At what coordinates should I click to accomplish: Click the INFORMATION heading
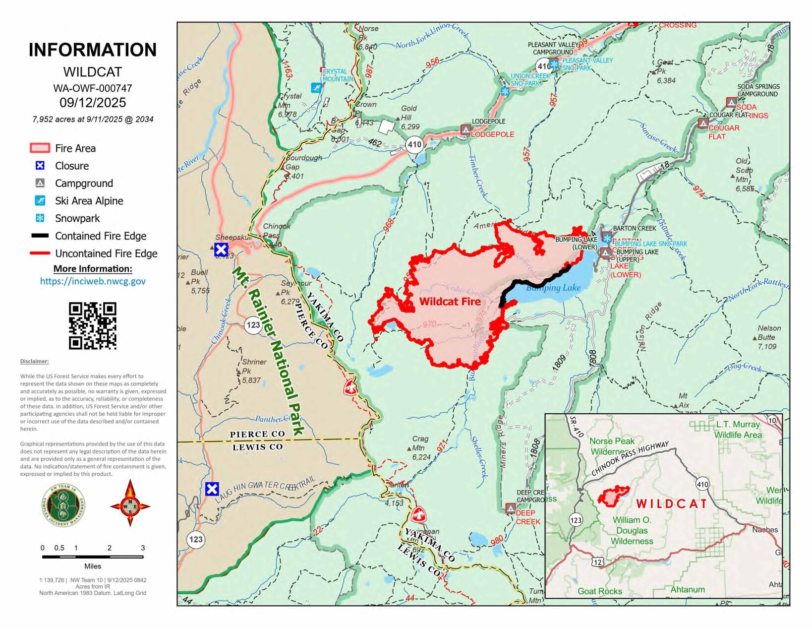tap(93, 50)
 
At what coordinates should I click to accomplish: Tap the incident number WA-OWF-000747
tap(93, 88)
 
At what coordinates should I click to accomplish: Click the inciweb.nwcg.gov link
tap(93, 281)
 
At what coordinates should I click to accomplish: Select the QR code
tap(93, 326)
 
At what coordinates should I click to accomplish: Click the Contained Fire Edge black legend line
tap(40, 236)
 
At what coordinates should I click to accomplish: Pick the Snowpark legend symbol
tap(40, 218)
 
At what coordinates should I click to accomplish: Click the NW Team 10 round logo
tap(63, 505)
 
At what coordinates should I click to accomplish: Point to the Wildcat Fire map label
tap(450, 301)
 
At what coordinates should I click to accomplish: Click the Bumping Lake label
tap(553, 288)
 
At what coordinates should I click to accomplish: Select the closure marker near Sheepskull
tap(221, 250)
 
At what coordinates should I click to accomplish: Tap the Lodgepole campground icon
tap(465, 129)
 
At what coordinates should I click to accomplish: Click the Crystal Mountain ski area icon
tap(316, 88)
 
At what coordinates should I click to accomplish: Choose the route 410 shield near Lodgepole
tap(414, 145)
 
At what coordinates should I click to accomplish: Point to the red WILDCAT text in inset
tap(672, 504)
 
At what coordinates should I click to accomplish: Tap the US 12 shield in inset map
tap(598, 561)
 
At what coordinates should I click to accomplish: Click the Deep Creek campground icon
tap(510, 508)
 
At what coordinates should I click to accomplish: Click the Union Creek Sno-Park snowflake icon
tap(505, 91)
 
